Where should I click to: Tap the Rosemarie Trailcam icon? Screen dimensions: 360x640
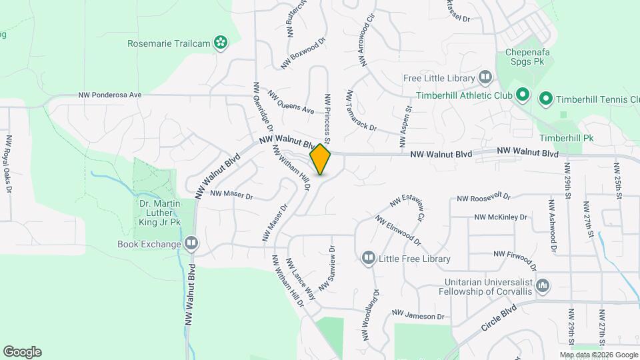221,44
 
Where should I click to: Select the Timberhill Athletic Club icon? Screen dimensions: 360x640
523,96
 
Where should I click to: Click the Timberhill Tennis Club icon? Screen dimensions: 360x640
545,100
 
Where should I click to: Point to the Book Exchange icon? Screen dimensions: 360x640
192,244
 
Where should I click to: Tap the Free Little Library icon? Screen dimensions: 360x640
485,78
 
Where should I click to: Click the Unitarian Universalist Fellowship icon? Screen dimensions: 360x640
543,286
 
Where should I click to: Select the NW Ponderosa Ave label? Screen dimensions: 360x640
110,95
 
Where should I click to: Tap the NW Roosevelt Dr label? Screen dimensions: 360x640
483,198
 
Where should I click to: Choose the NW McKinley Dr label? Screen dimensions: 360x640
501,217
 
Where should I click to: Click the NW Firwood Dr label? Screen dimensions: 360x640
519,254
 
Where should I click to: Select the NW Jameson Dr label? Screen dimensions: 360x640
418,315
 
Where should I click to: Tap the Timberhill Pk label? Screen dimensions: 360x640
566,138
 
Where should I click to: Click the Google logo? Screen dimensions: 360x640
22,352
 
